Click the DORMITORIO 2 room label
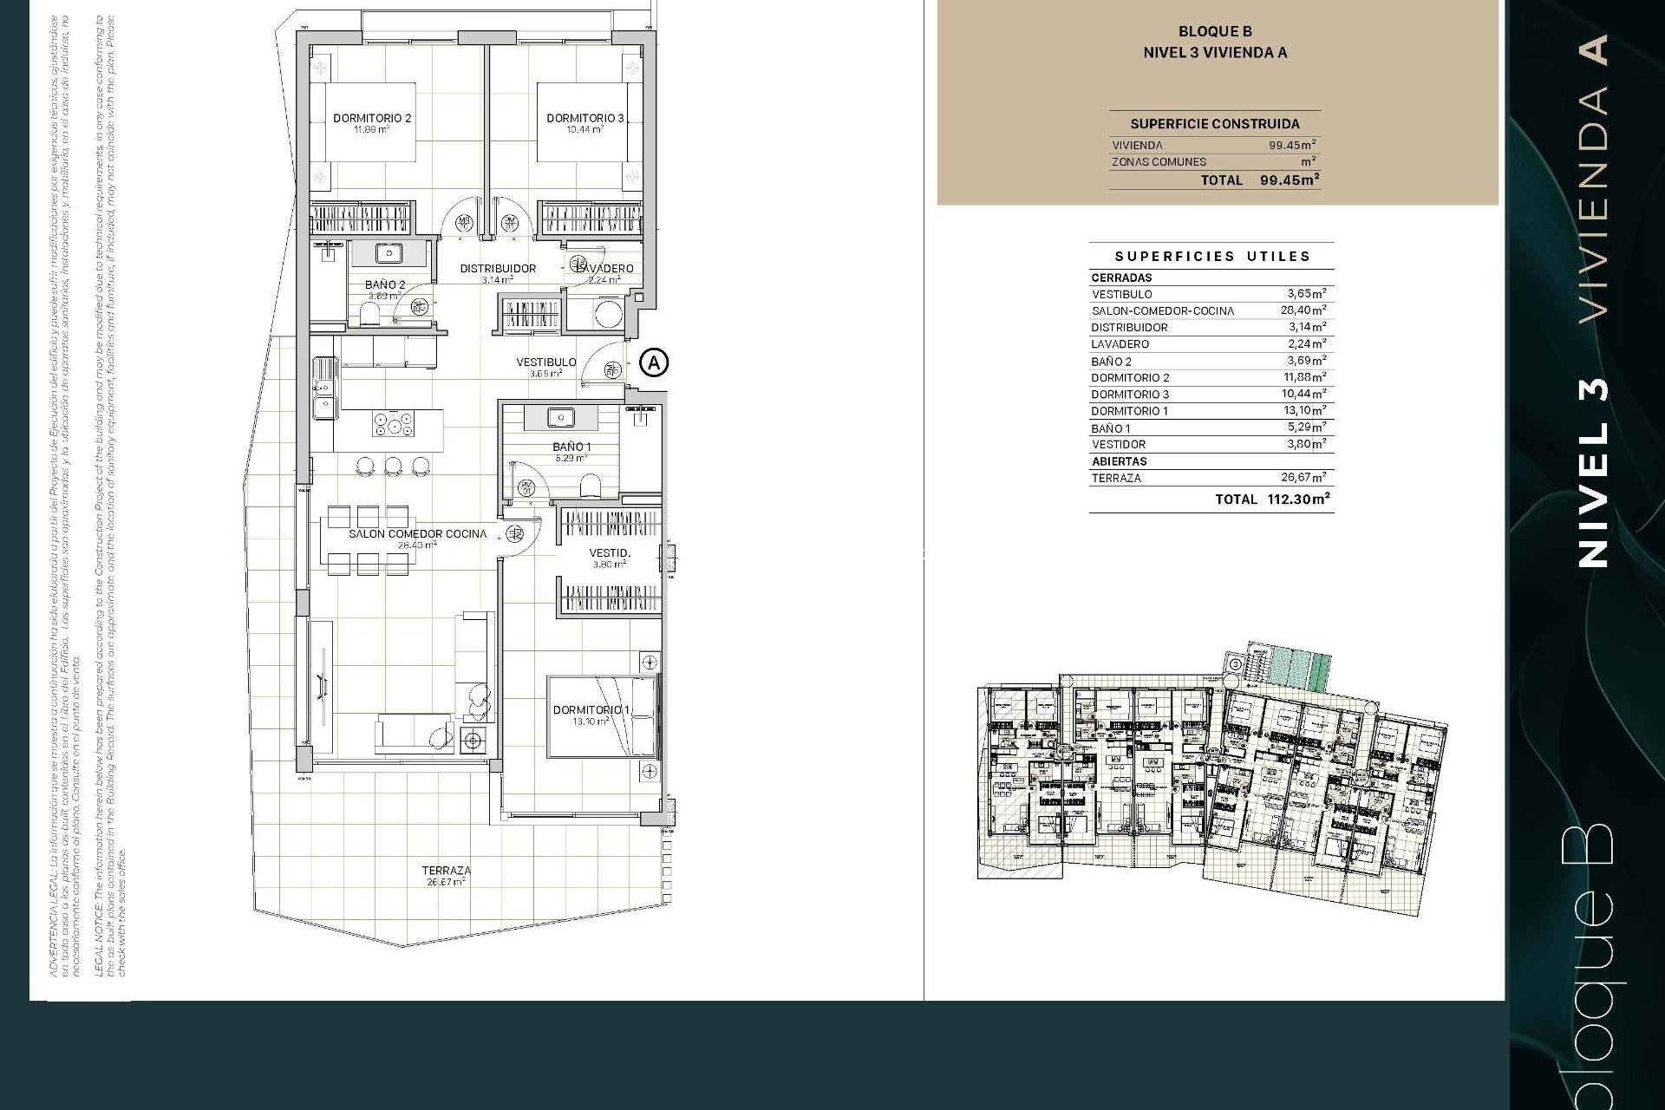[372, 119]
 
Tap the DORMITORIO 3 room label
[584, 119]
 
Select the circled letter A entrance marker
[655, 362]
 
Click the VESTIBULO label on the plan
[546, 362]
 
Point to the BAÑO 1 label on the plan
[571, 447]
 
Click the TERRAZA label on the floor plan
[447, 871]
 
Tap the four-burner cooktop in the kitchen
[393, 425]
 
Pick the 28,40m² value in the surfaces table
[1304, 310]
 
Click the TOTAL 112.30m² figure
[1297, 499]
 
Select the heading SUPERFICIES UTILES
[1211, 257]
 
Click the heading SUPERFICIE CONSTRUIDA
[1214, 124]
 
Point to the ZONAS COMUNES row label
[1159, 162]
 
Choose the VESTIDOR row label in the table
[1119, 444]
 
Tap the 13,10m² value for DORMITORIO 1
[1304, 411]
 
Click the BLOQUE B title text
[1214, 32]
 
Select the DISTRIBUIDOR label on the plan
[498, 269]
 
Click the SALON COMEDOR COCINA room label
[417, 534]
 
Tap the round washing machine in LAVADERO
[608, 314]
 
